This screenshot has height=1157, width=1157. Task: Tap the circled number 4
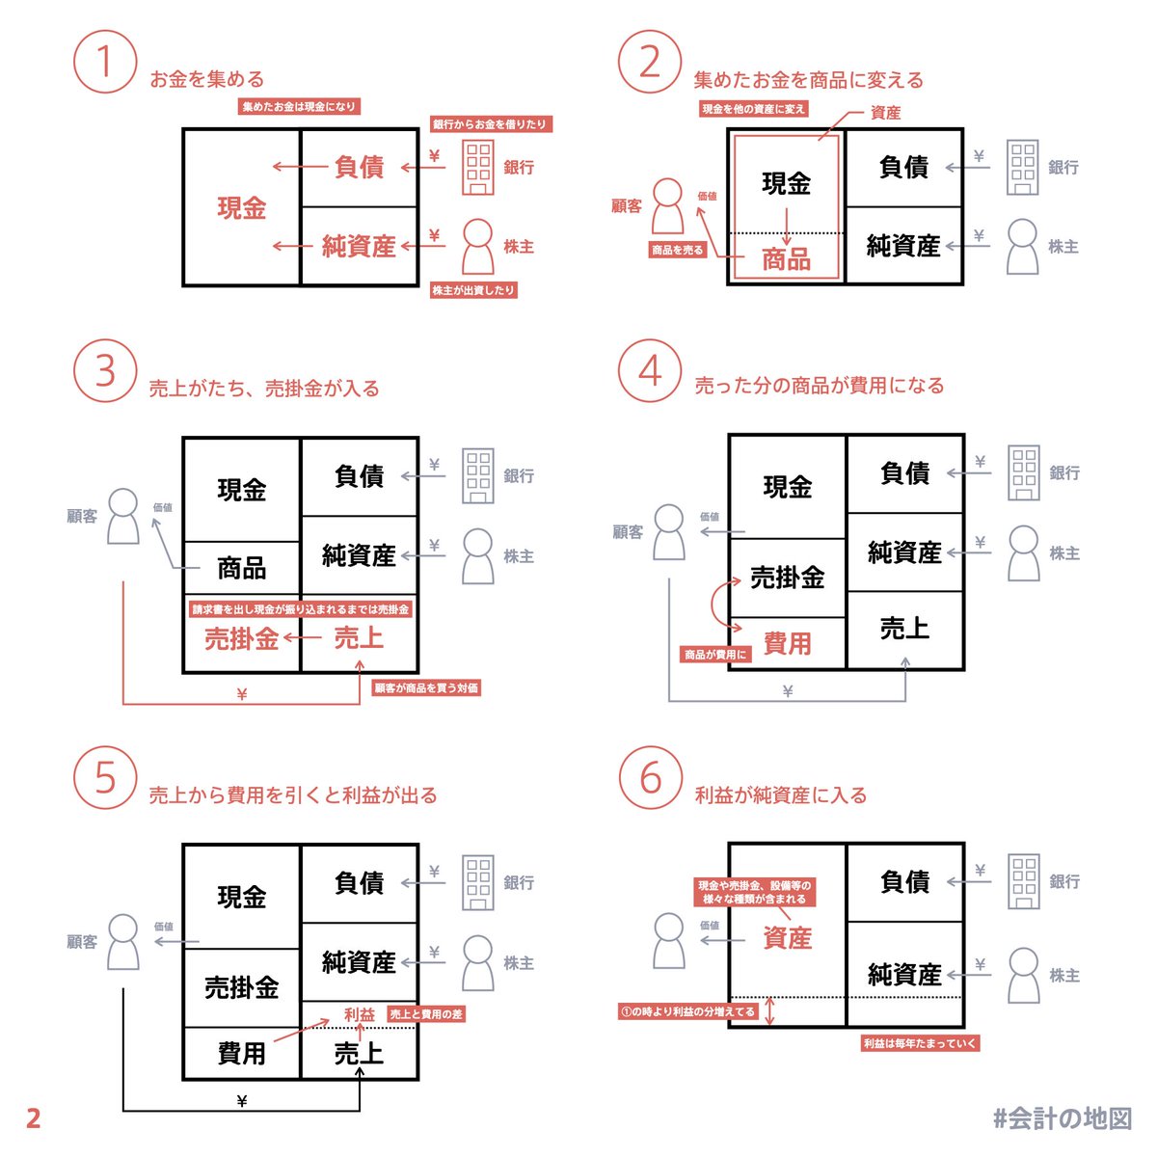pyautogui.click(x=651, y=371)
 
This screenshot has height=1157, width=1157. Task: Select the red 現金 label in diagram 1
pyautogui.click(x=241, y=207)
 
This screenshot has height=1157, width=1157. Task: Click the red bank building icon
pyautogui.click(x=478, y=168)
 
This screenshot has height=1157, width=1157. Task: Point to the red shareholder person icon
pyautogui.click(x=478, y=247)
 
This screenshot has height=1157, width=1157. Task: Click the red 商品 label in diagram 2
pyautogui.click(x=787, y=258)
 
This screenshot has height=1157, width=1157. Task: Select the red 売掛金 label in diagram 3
pyautogui.click(x=241, y=638)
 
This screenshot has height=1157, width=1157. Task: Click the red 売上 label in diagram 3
pyautogui.click(x=359, y=638)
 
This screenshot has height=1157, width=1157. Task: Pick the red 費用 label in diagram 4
pyautogui.click(x=787, y=643)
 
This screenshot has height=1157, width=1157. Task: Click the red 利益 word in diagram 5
pyautogui.click(x=359, y=1014)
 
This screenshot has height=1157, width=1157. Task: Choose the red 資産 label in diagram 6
pyautogui.click(x=787, y=937)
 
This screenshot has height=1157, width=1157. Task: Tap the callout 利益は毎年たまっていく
pyautogui.click(x=921, y=1043)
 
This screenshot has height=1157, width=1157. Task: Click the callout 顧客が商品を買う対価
pyautogui.click(x=425, y=688)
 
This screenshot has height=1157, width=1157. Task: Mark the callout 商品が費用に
pyautogui.click(x=715, y=655)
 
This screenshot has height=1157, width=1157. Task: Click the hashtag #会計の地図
pyautogui.click(x=1063, y=1118)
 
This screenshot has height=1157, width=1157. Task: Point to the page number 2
pyautogui.click(x=34, y=1118)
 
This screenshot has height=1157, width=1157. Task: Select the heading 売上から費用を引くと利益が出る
pyautogui.click(x=293, y=795)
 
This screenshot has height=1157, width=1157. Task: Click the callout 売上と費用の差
pyautogui.click(x=426, y=1014)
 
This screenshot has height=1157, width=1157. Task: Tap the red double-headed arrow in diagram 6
pyautogui.click(x=770, y=1011)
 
